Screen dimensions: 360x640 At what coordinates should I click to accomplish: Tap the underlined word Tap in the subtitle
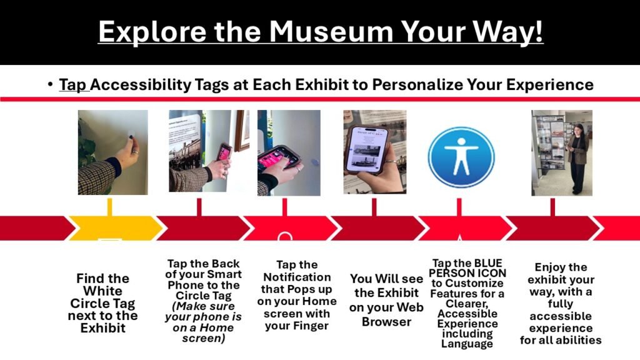pos(74,84)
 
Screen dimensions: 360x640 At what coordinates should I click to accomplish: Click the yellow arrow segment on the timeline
pos(112,228)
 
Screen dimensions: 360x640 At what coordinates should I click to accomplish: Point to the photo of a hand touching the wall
pos(112,152)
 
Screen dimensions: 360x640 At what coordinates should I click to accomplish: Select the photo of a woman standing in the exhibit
pos(561,152)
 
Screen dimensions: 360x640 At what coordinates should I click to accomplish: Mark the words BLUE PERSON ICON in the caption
pos(467,268)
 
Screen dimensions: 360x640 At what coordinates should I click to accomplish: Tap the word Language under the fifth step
pos(467,344)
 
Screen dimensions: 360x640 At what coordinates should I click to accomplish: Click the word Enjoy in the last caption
pos(561,267)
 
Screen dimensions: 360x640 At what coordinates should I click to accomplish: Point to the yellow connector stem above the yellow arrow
pos(109,207)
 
